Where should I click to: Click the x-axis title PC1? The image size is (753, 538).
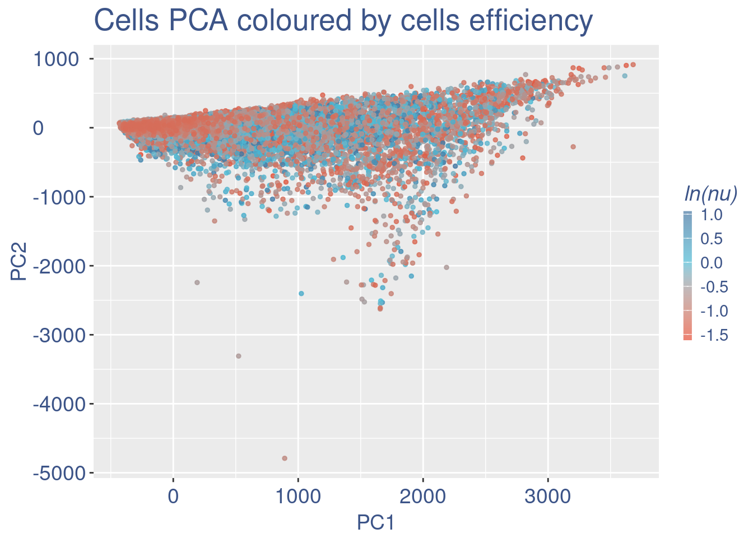click(376, 523)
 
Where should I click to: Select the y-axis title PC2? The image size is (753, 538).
click(19, 266)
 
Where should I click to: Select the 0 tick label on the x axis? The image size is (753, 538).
click(173, 497)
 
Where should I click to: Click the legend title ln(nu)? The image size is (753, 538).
click(710, 193)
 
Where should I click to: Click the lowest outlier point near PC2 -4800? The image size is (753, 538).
click(285, 458)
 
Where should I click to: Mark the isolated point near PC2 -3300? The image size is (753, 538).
click(238, 356)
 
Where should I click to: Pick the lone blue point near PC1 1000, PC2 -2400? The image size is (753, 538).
click(301, 293)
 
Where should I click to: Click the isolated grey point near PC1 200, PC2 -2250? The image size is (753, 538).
click(197, 282)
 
